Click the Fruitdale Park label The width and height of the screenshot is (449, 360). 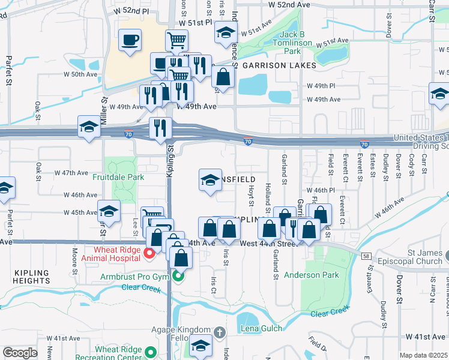click(118, 178)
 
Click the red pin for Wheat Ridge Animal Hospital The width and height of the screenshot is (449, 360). click(149, 255)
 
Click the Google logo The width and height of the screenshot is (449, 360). click(20, 353)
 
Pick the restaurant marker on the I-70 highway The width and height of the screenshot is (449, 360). click(160, 128)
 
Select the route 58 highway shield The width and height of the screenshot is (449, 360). click(365, 255)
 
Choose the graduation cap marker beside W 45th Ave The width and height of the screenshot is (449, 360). click(109, 211)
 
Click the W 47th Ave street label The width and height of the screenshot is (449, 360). click(71, 173)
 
